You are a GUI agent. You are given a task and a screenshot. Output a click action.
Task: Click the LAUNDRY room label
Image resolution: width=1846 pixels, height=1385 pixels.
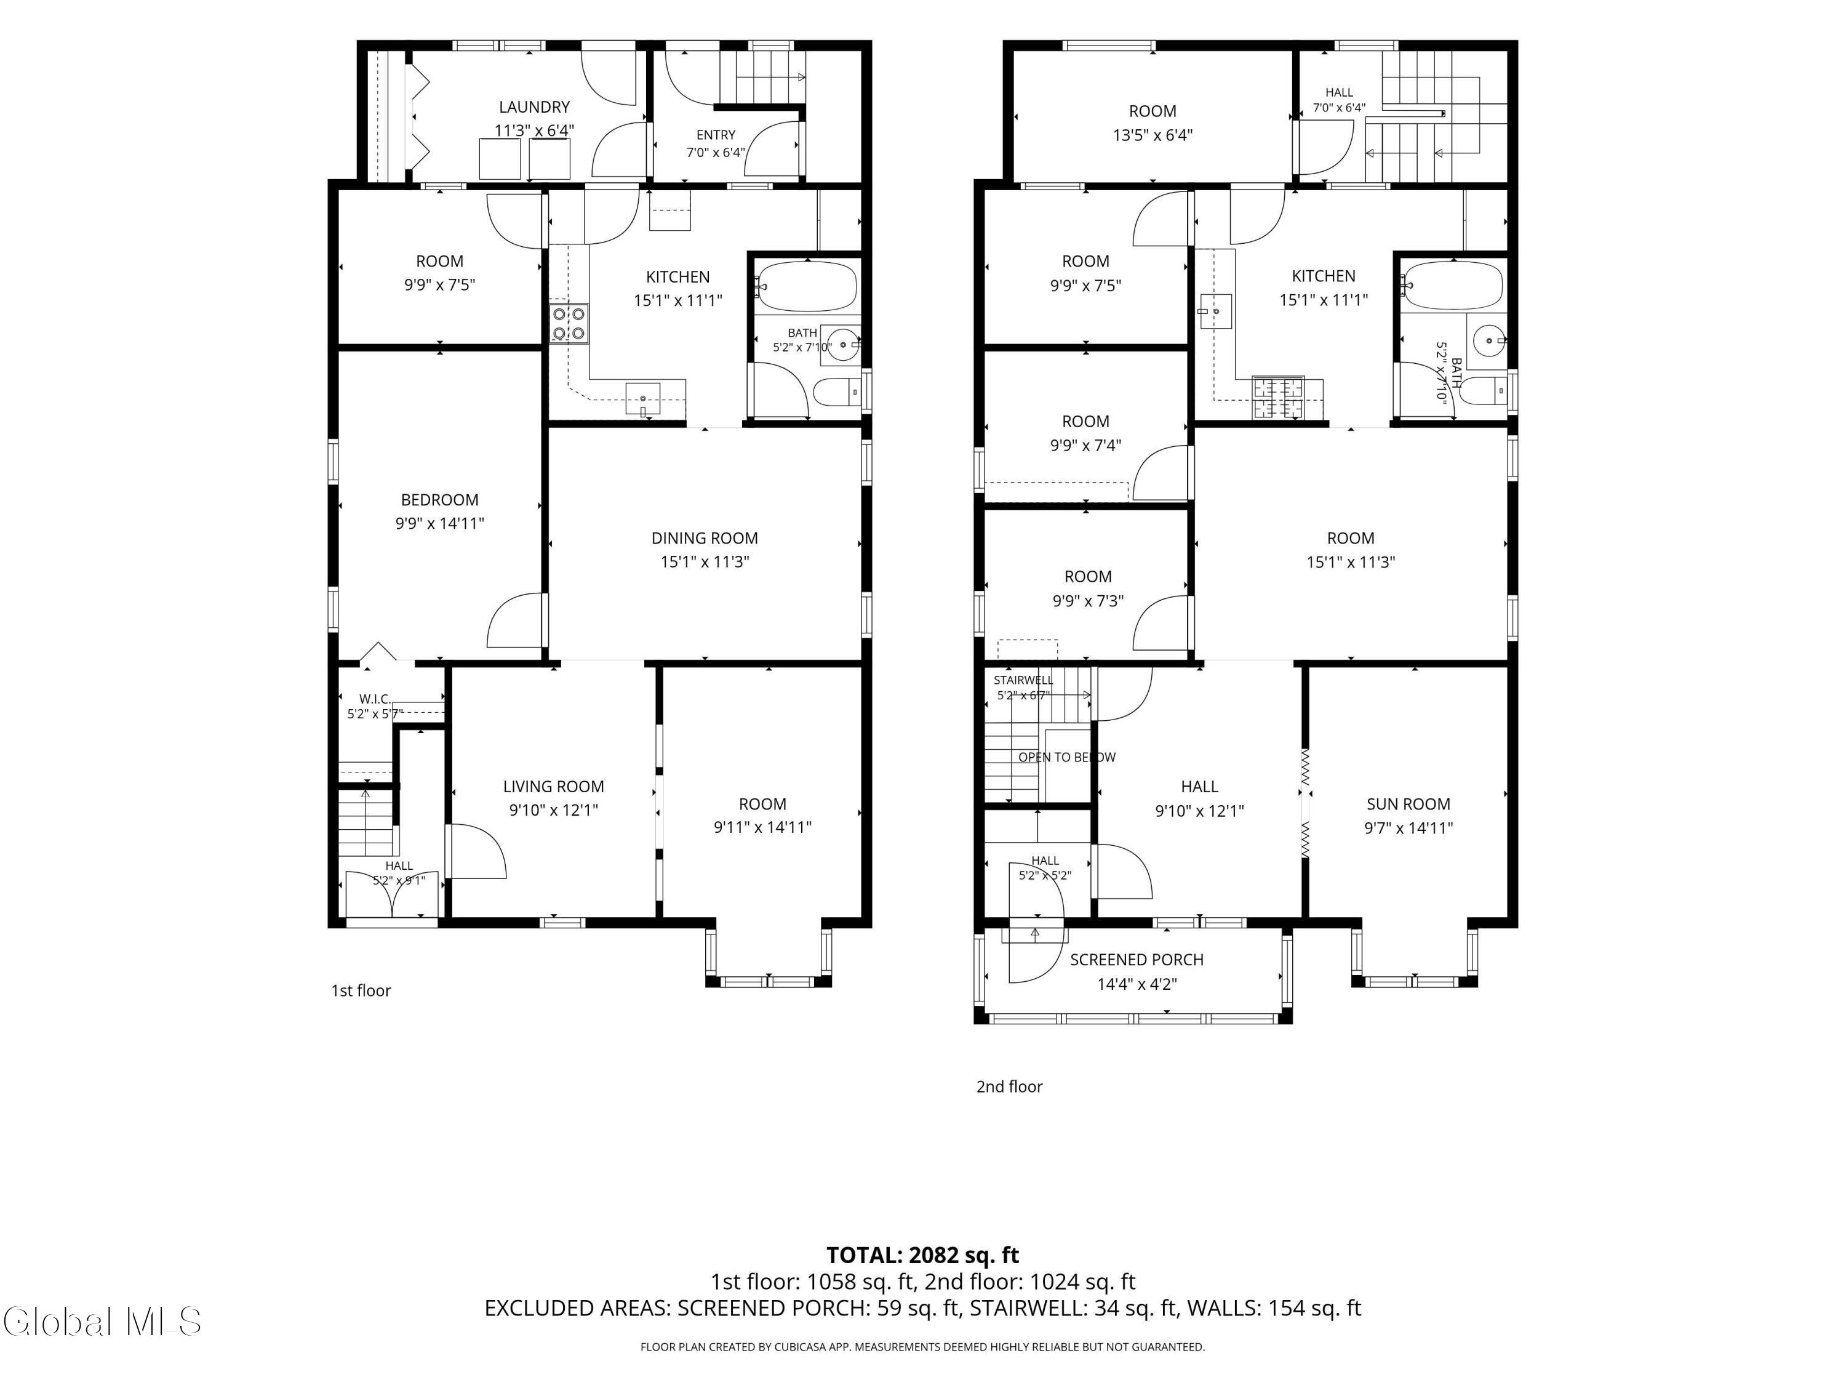(534, 107)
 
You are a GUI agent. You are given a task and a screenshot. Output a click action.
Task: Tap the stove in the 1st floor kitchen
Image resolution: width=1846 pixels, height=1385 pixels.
(569, 324)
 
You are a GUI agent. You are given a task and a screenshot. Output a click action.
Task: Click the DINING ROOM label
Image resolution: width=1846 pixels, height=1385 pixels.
(705, 539)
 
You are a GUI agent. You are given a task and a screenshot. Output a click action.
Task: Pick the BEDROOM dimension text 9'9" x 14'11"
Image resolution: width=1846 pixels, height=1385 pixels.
(440, 523)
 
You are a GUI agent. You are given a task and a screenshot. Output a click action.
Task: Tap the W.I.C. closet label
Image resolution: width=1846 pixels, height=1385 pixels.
(375, 699)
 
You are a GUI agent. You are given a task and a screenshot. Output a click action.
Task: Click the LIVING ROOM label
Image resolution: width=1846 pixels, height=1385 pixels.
(553, 787)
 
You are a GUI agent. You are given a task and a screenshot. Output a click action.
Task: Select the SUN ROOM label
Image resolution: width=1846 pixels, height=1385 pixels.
(1408, 804)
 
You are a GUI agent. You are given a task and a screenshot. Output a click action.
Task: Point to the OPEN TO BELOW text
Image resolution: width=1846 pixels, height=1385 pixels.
(1066, 757)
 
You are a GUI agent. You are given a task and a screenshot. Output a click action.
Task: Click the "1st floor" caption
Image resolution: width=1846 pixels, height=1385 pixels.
(361, 991)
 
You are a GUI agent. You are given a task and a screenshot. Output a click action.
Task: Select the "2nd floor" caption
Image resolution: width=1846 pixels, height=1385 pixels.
(1010, 1087)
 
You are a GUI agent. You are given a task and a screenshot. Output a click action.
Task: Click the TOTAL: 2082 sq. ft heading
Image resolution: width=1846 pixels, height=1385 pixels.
(923, 1256)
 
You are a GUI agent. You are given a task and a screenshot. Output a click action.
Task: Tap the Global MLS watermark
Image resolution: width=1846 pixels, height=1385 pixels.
(102, 1322)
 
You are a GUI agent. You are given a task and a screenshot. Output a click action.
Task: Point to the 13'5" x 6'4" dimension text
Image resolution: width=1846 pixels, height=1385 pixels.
(1153, 135)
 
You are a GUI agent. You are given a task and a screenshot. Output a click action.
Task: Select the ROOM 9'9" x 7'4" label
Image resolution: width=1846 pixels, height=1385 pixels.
(1085, 433)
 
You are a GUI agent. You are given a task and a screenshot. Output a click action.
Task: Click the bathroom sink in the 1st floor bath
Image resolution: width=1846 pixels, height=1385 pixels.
(842, 344)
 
